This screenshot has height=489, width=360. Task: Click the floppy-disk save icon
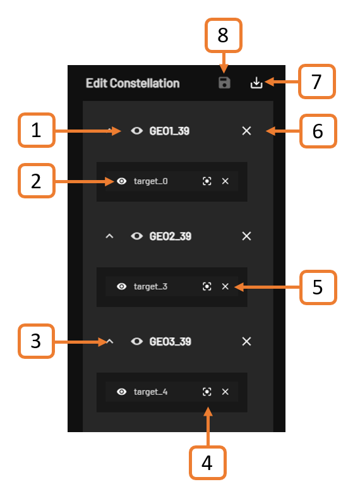pyautogui.click(x=224, y=83)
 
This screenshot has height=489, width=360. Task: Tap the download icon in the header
pyautogui.click(x=256, y=83)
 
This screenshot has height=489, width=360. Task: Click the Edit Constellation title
pyautogui.click(x=133, y=83)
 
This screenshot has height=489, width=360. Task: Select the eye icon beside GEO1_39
pyautogui.click(x=137, y=131)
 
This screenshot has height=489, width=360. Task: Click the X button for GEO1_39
pyautogui.click(x=246, y=131)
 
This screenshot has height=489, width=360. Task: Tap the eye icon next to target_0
pyautogui.click(x=121, y=181)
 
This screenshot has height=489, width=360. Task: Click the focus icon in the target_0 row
pyautogui.click(x=207, y=181)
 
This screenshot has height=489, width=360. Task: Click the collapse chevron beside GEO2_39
pyautogui.click(x=109, y=236)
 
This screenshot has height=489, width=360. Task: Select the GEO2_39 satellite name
pyautogui.click(x=170, y=236)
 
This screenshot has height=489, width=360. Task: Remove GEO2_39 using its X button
pyautogui.click(x=246, y=236)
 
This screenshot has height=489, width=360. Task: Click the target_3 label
pyautogui.click(x=150, y=287)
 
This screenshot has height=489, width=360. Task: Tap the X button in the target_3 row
pyautogui.click(x=225, y=286)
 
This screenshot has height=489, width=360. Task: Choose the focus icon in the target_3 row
pyautogui.click(x=207, y=286)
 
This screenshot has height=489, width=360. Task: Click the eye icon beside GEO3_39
pyautogui.click(x=137, y=342)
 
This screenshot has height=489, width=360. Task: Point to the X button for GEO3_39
pyautogui.click(x=246, y=342)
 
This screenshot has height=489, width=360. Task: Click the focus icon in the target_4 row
pyautogui.click(x=207, y=392)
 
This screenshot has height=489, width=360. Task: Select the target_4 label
pyautogui.click(x=150, y=392)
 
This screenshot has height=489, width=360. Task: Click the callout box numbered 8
pyautogui.click(x=223, y=35)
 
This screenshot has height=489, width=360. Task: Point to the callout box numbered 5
pyautogui.click(x=318, y=287)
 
